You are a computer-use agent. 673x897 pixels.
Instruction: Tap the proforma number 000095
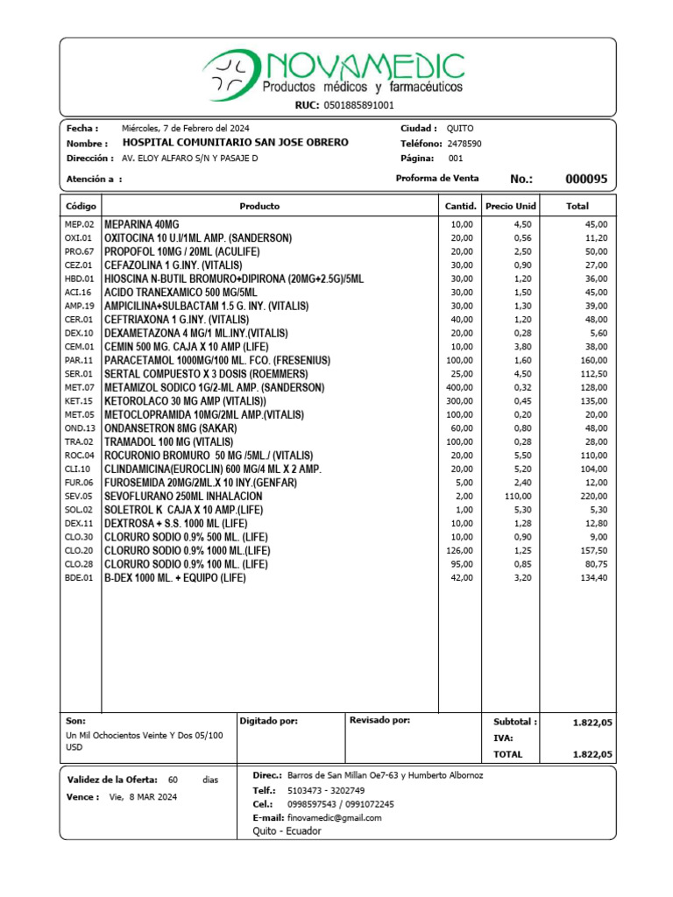tap(585, 179)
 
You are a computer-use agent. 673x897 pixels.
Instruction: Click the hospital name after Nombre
tap(235, 143)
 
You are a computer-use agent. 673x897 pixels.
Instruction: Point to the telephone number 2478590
tap(464, 144)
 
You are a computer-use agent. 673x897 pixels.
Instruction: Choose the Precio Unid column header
tap(511, 207)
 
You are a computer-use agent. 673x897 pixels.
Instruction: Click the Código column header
tap(81, 207)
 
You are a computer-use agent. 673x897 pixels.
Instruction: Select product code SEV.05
tap(79, 497)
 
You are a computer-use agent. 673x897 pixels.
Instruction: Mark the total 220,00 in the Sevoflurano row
tap(593, 497)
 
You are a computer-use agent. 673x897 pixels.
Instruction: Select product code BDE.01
tap(79, 578)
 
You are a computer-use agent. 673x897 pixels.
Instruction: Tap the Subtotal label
tap(515, 723)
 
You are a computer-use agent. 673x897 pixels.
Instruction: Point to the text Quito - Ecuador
tap(287, 831)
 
